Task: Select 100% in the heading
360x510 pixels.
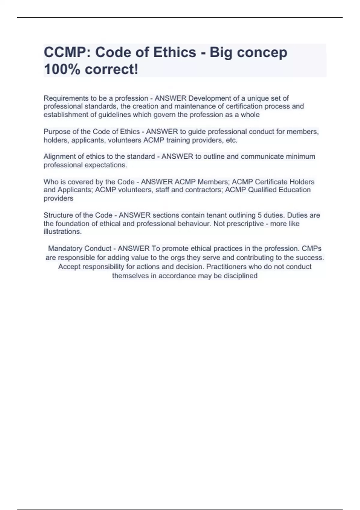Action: click(x=62, y=69)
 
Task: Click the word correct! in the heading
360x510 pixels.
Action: click(x=112, y=69)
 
